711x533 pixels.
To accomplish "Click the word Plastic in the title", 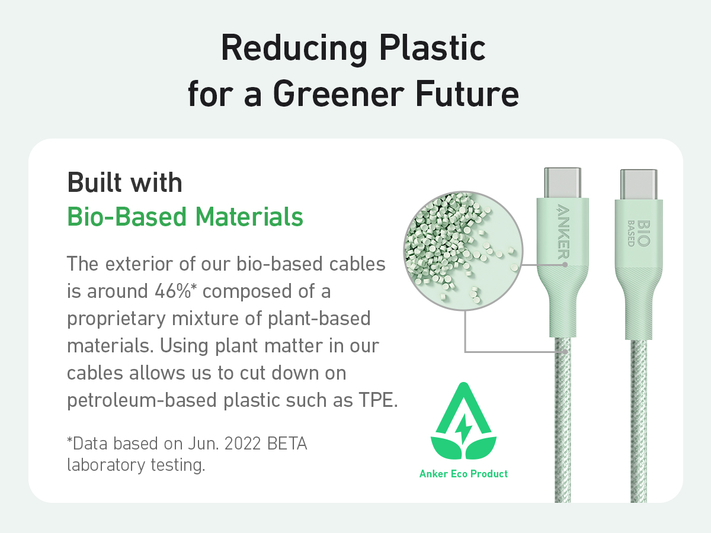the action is coord(433,49).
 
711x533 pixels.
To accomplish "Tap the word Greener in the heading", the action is coord(338,94).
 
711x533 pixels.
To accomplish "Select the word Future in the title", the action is coord(467,94).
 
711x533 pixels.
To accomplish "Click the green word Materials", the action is coord(249,217).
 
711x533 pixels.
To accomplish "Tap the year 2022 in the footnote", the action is coord(242,444).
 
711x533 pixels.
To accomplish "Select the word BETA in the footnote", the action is coord(287,444).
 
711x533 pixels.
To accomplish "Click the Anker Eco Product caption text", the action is coord(463,474).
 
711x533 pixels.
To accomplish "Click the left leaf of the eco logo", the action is coord(446,448).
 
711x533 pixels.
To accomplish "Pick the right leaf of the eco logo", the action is coord(481,448).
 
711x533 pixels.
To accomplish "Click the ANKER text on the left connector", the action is coord(563,231).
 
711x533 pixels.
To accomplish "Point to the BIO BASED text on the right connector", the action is coord(639,233).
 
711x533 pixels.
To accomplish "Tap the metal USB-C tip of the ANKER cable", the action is coord(563,183).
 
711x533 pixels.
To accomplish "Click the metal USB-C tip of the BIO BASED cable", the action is coord(639,184).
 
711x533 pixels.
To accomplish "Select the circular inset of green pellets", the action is coord(463,251).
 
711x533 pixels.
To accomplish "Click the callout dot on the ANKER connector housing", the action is coord(565,265).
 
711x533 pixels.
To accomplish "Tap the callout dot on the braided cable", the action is coord(565,351).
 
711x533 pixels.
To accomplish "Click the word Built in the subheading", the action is coord(95,182).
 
